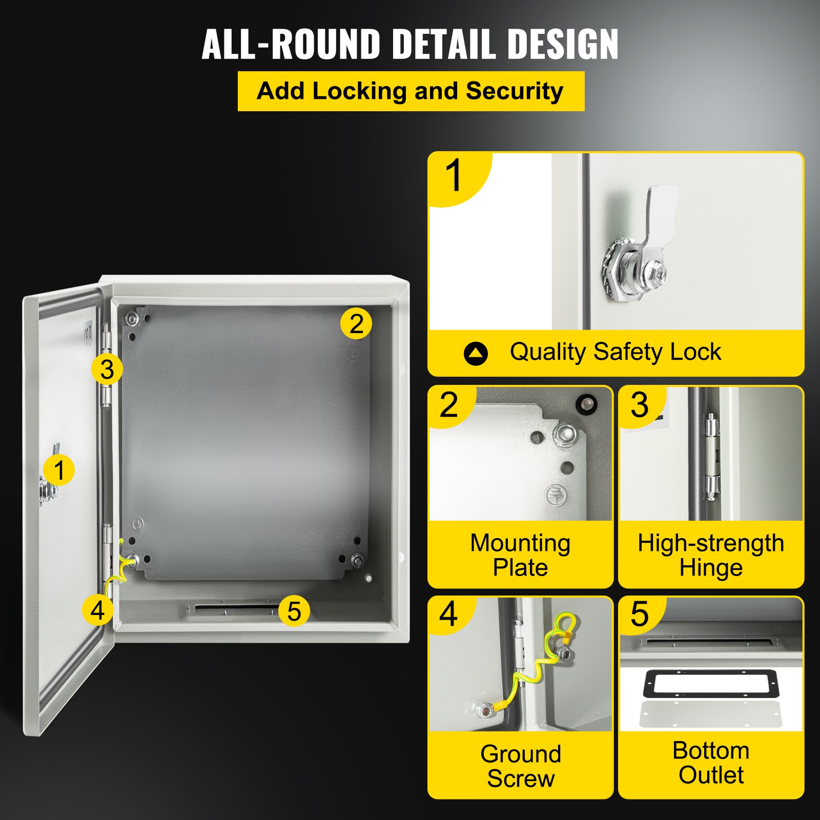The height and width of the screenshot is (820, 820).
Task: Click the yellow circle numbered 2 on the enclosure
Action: pyautogui.click(x=356, y=323)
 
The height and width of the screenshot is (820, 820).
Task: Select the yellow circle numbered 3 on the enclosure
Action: pyautogui.click(x=107, y=369)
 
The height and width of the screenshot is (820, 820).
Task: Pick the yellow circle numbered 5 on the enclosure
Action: pyautogui.click(x=294, y=610)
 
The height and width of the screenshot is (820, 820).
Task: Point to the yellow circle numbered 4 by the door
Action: pyautogui.click(x=97, y=610)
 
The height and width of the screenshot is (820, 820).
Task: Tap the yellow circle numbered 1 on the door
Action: pyautogui.click(x=59, y=470)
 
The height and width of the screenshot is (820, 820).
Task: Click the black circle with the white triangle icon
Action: pyautogui.click(x=476, y=353)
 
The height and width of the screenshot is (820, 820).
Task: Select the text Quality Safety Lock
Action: pyautogui.click(x=615, y=352)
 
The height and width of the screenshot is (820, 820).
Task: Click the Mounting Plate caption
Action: pyautogui.click(x=520, y=555)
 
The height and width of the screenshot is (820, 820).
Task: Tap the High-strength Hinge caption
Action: pyautogui.click(x=711, y=555)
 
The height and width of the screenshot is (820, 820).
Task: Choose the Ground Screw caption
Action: pyautogui.click(x=520, y=766)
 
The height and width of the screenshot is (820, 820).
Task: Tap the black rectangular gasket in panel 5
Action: pyautogui.click(x=711, y=684)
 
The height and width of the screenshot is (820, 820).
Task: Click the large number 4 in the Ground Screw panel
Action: pyautogui.click(x=448, y=614)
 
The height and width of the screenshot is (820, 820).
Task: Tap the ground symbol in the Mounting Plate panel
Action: pyautogui.click(x=555, y=495)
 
